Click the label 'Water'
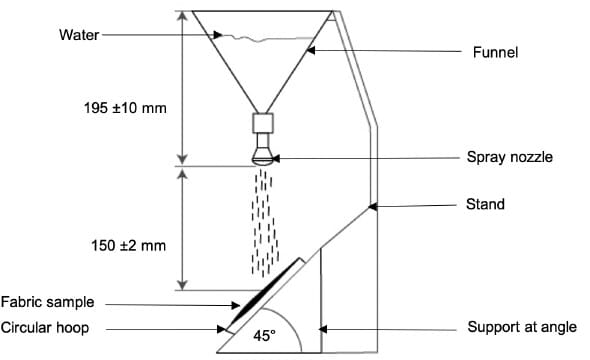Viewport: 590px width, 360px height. click(x=80, y=35)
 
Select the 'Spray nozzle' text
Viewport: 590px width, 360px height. click(x=509, y=157)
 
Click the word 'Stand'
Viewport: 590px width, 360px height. click(x=485, y=205)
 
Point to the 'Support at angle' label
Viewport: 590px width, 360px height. click(x=521, y=327)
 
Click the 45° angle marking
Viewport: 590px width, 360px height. click(x=263, y=337)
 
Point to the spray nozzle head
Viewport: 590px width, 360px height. click(x=264, y=154)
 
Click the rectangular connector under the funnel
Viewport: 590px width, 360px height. click(x=264, y=126)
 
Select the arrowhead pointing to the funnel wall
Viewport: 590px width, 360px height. click(x=310, y=50)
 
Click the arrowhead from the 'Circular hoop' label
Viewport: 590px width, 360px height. click(x=223, y=327)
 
